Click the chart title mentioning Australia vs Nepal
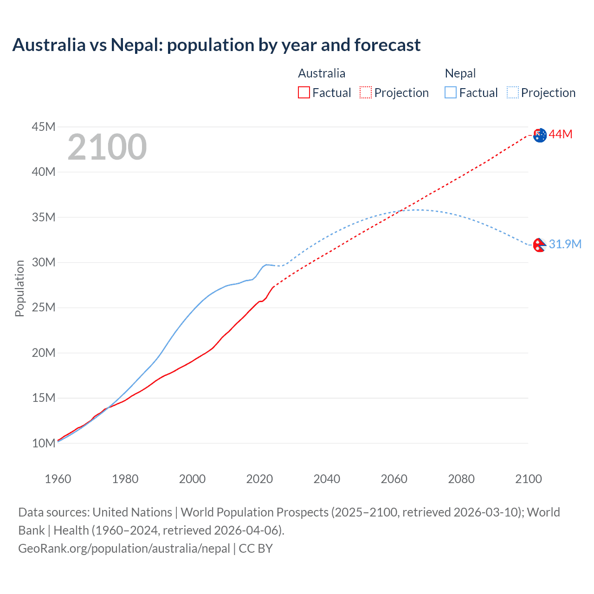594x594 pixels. (216, 45)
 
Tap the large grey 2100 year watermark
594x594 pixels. (107, 147)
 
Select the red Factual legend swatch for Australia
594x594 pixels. (303, 92)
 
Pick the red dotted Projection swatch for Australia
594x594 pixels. (366, 92)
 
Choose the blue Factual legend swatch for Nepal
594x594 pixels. (450, 92)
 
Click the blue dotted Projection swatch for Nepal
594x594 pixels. (512, 92)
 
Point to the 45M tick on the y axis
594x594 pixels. (44, 127)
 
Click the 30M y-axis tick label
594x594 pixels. (44, 262)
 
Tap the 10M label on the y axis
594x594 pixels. (44, 443)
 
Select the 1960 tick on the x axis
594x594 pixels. (58, 479)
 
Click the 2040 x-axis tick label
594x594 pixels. (327, 479)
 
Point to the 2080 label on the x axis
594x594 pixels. (461, 479)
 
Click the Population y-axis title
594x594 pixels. (19, 288)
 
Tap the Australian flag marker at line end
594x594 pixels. (540, 135)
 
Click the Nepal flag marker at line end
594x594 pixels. (539, 245)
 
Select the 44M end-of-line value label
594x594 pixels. (560, 135)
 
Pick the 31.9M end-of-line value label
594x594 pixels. (565, 244)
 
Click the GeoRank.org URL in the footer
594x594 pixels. (124, 549)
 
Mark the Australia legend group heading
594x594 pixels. (322, 73)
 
